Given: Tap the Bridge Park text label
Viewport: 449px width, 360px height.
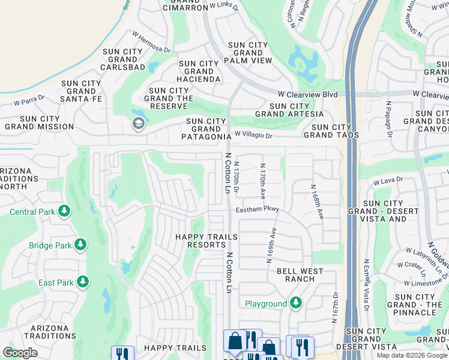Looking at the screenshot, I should pos(50,245).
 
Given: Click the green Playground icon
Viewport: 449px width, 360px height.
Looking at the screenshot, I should pos(295,303).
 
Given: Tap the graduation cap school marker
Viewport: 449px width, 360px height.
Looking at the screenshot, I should pos(137,124).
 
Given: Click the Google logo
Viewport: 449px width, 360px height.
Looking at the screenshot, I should pos(20,353).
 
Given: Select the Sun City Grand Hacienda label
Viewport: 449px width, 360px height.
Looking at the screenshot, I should pos(199,71).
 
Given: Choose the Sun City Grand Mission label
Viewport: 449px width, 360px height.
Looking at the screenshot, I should pos(39,123).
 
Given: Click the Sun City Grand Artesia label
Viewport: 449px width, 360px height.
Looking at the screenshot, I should pos(289,110).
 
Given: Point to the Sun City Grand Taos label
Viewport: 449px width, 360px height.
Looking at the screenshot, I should pos(335,131).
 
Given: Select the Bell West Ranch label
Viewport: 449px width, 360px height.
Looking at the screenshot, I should pos(300,275).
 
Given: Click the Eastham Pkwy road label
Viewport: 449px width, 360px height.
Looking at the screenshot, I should pos(258,209).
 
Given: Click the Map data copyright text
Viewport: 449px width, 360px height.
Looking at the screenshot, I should pos(412,355).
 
